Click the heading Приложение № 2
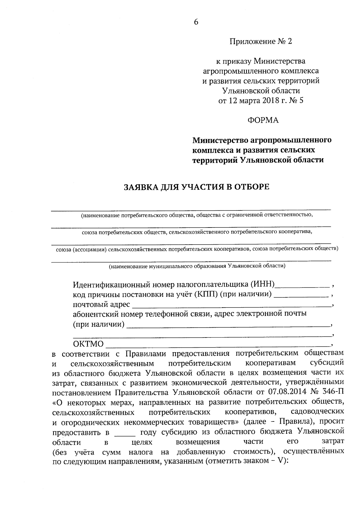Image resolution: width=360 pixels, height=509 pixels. point(260,41)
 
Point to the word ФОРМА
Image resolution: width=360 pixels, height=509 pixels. point(263,121)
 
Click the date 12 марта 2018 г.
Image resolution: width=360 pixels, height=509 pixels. point(256,100)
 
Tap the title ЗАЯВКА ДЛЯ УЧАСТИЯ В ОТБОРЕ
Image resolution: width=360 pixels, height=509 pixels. point(197,187)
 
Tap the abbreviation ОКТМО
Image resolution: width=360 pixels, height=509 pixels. point(88,344)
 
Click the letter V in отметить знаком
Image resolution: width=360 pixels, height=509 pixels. point(280,461)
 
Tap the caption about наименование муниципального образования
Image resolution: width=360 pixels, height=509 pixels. point(197,266)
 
